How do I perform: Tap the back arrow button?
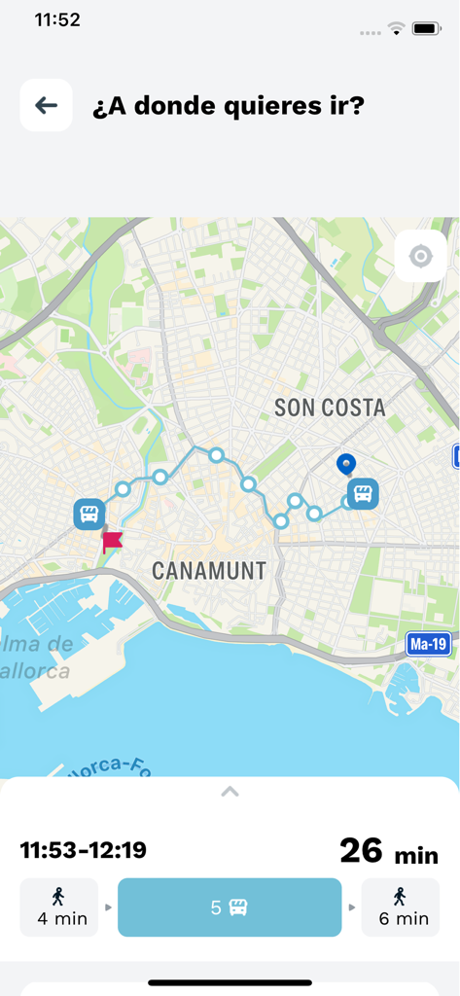click(46, 105)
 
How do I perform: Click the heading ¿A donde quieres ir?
click(228, 105)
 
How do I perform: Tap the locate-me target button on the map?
click(420, 256)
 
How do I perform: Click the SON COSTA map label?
click(330, 408)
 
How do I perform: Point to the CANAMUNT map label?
click(209, 570)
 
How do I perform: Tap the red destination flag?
click(112, 541)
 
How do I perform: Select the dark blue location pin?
click(344, 465)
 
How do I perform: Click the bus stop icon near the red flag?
click(88, 514)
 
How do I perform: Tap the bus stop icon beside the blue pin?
click(364, 493)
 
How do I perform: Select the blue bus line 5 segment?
click(230, 907)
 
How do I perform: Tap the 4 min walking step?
click(58, 907)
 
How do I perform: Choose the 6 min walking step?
click(400, 907)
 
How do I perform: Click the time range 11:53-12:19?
click(83, 850)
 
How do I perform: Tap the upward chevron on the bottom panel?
click(230, 792)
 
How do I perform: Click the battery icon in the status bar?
click(426, 29)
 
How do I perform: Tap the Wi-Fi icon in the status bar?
click(396, 29)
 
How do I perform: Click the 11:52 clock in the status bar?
click(57, 19)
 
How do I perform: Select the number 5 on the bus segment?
click(216, 907)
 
